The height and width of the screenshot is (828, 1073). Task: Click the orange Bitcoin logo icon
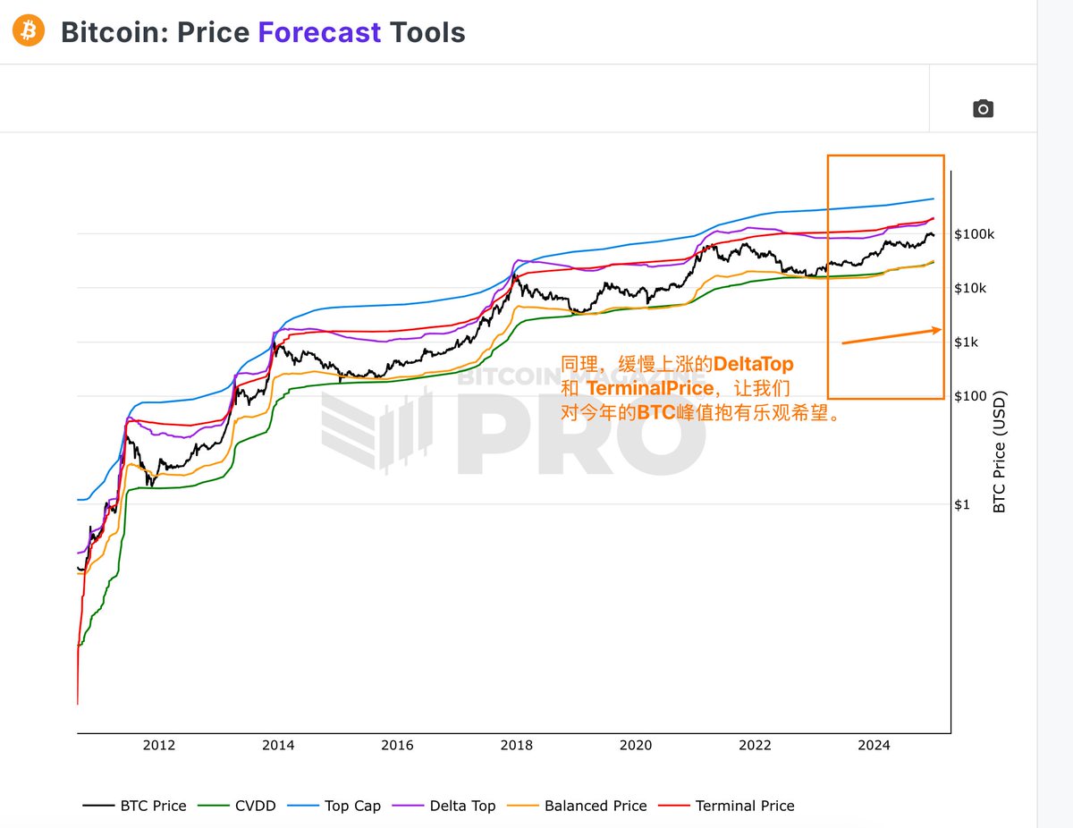(x=29, y=32)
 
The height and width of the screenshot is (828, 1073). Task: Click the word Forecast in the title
(x=319, y=33)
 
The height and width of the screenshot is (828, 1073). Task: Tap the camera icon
(x=983, y=109)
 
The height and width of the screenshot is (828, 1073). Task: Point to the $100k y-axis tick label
(x=974, y=234)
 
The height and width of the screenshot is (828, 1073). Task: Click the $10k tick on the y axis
(x=970, y=288)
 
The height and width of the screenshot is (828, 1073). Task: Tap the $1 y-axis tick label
(x=961, y=504)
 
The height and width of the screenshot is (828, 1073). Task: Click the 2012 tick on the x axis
(x=159, y=745)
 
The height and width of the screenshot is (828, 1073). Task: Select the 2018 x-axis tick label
(x=517, y=745)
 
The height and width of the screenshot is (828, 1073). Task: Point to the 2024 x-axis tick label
(x=874, y=745)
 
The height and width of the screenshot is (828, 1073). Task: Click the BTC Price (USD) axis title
(x=1000, y=451)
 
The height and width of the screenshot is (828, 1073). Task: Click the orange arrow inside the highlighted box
(x=891, y=335)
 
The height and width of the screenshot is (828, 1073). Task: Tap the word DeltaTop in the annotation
(x=753, y=365)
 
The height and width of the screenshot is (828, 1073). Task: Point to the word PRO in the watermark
(x=581, y=436)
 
